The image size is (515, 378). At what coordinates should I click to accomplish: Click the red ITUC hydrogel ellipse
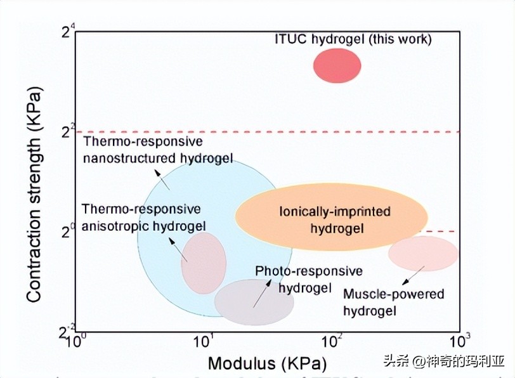coord(337,65)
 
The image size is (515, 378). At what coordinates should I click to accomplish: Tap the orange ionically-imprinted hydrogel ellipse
coord(331,218)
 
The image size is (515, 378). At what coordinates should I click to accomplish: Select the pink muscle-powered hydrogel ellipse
coord(423,254)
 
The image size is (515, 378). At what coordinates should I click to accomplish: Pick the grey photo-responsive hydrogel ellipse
coord(254,303)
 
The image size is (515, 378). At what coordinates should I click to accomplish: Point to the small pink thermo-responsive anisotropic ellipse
coord(204,263)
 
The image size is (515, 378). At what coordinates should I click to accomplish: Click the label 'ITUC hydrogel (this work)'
coord(353,39)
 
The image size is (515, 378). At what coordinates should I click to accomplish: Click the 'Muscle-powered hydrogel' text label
coord(393,302)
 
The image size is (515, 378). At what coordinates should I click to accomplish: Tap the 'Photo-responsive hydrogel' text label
coord(309,279)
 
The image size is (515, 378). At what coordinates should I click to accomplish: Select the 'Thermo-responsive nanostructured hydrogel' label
coord(158,150)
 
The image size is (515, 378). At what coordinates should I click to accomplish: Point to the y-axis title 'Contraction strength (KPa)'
coord(34,197)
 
